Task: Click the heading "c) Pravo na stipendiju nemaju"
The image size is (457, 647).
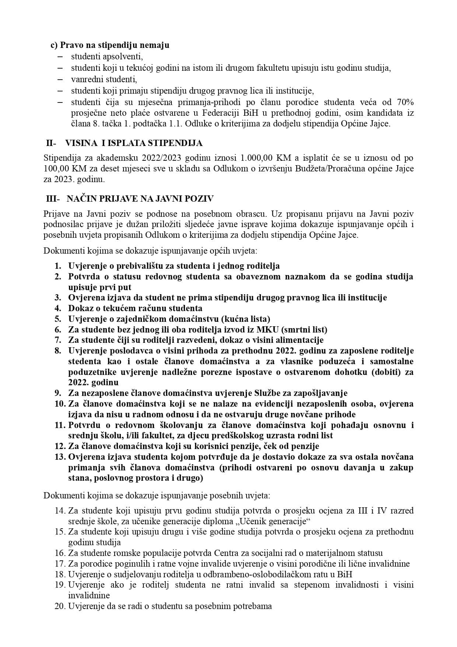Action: click(x=110, y=45)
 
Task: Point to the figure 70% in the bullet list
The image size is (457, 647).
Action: click(x=404, y=102)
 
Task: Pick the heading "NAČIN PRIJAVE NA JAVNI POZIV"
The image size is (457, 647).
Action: click(x=140, y=199)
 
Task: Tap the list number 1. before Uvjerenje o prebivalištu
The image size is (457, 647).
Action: click(x=58, y=266)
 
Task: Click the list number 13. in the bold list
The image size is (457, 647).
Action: click(x=60, y=457)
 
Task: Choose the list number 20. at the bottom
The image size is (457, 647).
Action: click(x=60, y=606)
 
